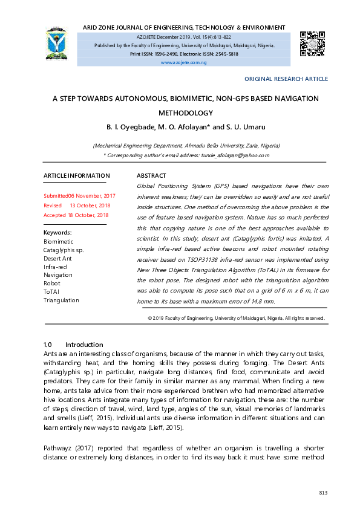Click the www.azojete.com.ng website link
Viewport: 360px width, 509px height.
click(184, 62)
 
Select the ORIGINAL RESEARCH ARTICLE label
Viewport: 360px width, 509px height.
click(286, 79)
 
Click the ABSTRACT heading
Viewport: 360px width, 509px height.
click(151, 176)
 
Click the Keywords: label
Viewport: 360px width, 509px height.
click(57, 233)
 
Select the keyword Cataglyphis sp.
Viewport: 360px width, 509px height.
click(64, 250)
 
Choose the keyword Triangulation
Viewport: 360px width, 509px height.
click(61, 300)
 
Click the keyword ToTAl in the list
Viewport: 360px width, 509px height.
click(51, 292)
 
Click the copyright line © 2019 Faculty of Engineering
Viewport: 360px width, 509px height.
click(236, 317)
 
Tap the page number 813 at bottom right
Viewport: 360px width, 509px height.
click(323, 493)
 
